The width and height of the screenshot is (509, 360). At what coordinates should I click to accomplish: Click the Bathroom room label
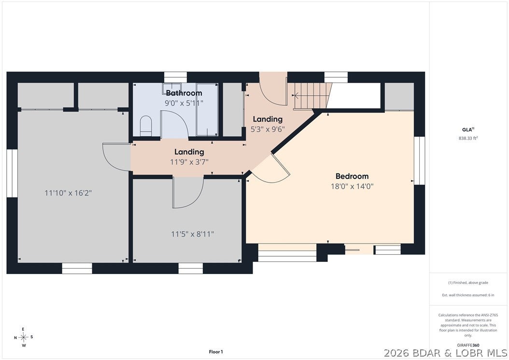click(184, 93)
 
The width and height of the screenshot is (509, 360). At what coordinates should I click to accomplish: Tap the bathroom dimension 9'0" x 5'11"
click(184, 103)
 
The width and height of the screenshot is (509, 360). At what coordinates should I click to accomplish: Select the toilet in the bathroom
click(146, 126)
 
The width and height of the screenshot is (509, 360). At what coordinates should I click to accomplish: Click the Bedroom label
click(352, 176)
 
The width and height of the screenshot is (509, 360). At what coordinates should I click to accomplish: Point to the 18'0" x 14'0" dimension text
click(352, 187)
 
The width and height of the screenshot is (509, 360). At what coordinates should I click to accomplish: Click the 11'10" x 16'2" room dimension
click(68, 193)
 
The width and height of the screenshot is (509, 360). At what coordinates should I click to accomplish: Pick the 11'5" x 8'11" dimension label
click(193, 234)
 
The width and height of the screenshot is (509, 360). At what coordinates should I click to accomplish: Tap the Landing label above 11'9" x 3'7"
click(189, 152)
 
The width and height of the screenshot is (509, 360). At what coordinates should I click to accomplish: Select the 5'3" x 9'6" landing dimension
click(268, 130)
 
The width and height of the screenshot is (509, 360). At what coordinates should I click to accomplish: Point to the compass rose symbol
click(23, 337)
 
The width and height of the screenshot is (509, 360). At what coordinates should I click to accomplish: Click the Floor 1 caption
click(216, 352)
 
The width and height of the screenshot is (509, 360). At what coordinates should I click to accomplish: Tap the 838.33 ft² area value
click(468, 138)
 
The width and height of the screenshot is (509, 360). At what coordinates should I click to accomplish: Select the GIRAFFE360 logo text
click(468, 346)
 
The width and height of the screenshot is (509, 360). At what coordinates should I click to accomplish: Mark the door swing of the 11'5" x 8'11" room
click(188, 193)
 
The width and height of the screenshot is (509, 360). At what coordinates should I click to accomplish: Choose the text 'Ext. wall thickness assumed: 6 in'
click(468, 295)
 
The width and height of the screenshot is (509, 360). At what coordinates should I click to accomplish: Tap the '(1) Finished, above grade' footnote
click(468, 283)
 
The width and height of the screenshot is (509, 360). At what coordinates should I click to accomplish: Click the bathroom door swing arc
click(175, 125)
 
